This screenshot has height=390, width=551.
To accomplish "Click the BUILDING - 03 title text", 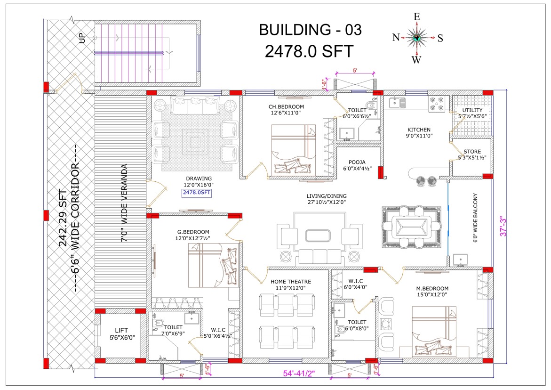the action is click(310, 30).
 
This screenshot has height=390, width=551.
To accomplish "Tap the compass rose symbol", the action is click(417, 38).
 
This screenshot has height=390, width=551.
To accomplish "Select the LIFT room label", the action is click(121, 330).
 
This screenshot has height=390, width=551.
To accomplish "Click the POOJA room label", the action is click(357, 162).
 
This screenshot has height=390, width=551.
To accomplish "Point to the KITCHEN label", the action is click(419, 130).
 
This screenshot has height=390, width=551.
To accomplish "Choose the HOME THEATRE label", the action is click(291, 282).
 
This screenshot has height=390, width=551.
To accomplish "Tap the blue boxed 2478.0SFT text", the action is click(196, 193).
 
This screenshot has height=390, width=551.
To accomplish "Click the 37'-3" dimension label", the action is click(503, 226).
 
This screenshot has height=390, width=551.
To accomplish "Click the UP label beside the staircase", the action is click(82, 38).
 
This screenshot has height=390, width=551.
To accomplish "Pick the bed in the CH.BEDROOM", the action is click(294, 149).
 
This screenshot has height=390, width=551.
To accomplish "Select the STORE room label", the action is click(472, 152).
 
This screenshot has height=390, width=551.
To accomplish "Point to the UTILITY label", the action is click(472, 110).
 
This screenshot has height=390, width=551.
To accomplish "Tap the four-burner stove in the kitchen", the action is click(437, 104).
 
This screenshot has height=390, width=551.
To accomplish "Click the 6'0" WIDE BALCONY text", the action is click(475, 218).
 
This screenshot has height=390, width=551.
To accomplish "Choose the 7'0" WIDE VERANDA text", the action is click(124, 203).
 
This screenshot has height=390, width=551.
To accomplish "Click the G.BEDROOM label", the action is click(193, 232).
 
